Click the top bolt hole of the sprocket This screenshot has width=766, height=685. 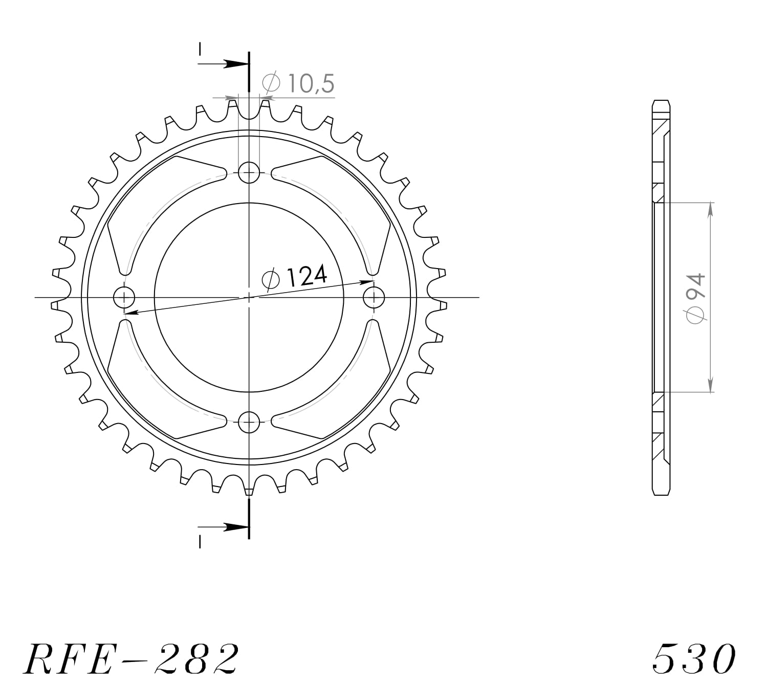tap(249, 172)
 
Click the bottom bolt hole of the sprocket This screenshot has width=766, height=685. tap(249, 423)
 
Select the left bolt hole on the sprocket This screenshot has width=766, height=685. tap(124, 297)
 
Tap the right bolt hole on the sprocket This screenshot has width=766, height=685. tap(375, 297)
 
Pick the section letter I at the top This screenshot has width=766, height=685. tap(200, 49)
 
